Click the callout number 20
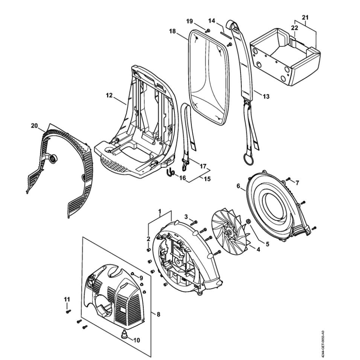(34, 125)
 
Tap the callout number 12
(110, 95)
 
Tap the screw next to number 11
(67, 311)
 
